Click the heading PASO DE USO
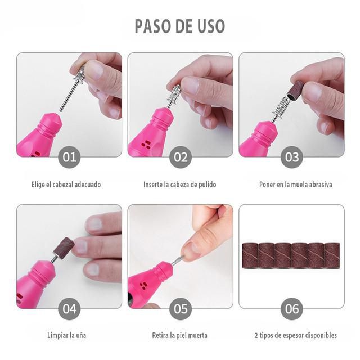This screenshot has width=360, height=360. [180, 26]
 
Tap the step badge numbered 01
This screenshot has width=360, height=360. [69, 157]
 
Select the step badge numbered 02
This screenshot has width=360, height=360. [181, 157]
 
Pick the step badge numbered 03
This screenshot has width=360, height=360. [292, 157]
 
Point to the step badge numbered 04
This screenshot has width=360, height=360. [69, 309]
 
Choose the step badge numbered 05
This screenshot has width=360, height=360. [181, 309]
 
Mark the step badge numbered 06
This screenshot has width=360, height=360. [292, 309]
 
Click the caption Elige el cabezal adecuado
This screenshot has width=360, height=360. [66, 184]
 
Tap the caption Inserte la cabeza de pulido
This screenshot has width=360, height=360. [180, 184]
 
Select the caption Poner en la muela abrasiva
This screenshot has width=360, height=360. [296, 184]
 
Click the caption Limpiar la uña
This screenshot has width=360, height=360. [66, 335]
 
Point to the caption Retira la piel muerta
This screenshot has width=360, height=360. [179, 335]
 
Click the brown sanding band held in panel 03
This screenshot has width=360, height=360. [295, 91]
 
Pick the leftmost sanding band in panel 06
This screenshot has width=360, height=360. [250, 255]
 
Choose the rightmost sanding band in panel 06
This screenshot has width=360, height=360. [332, 255]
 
